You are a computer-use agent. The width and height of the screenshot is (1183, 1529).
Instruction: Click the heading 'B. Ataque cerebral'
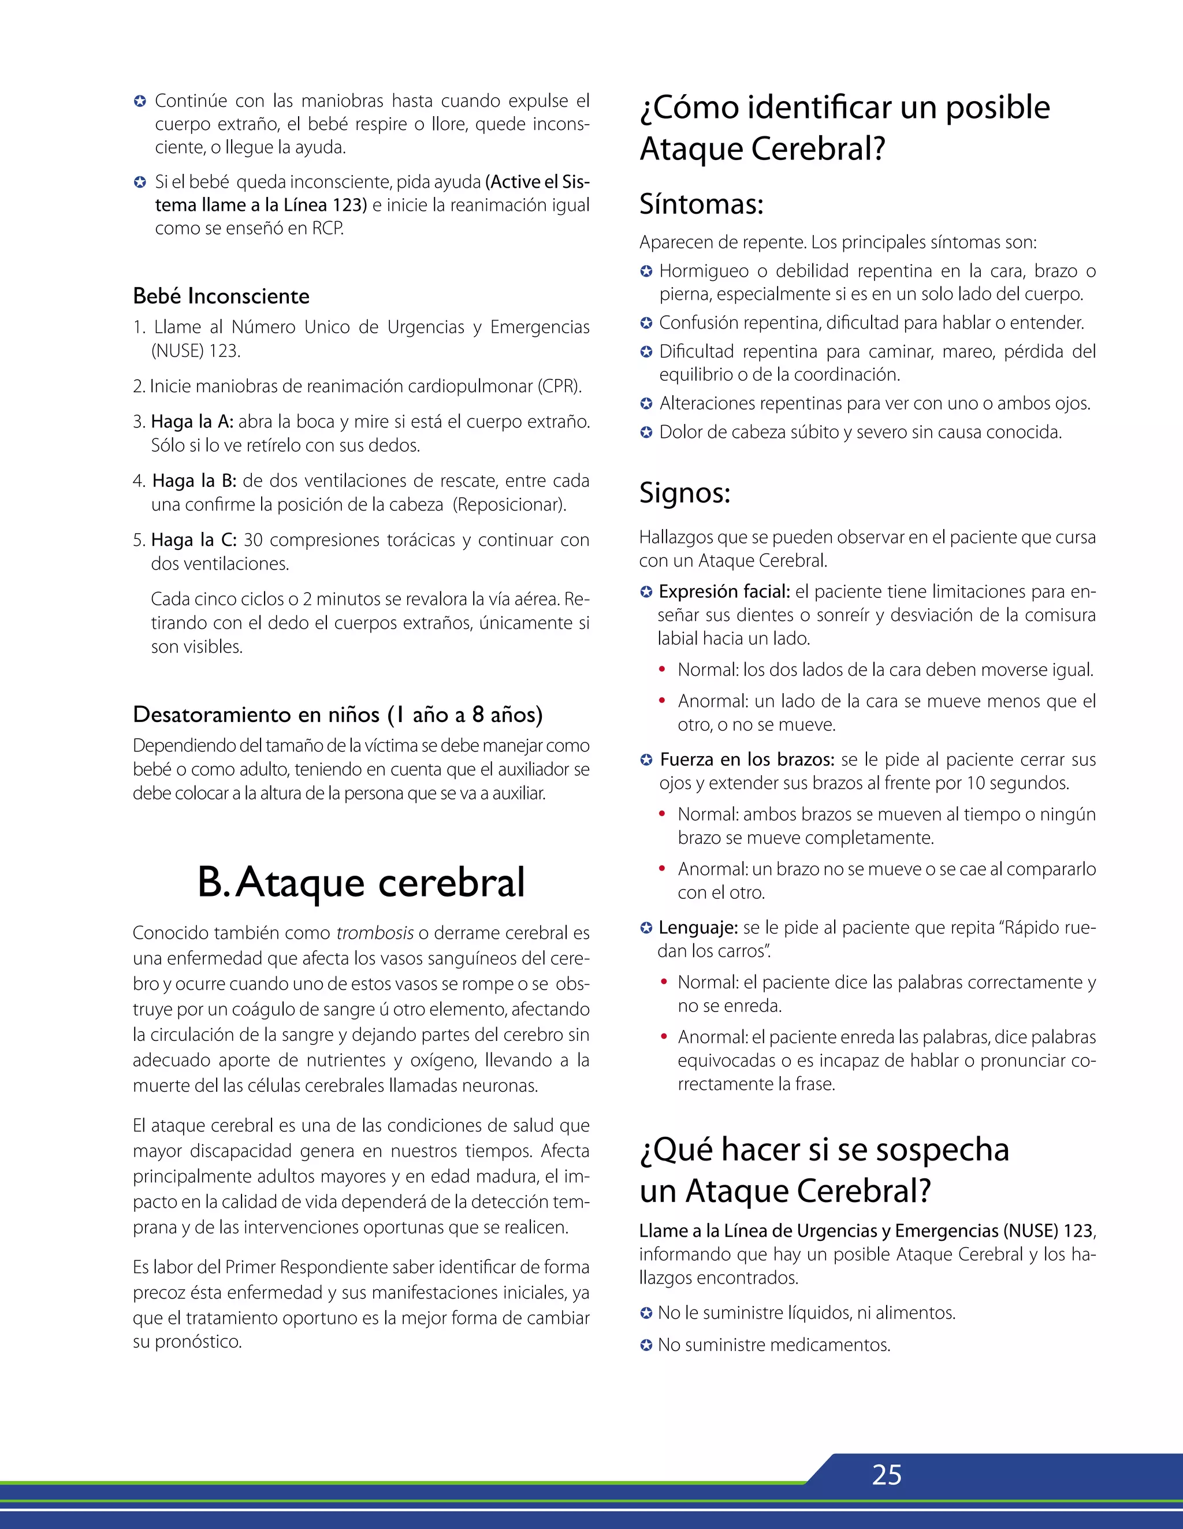[360, 882]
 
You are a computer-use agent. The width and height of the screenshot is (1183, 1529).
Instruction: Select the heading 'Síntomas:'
[701, 204]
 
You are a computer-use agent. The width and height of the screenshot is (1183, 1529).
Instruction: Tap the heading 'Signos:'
[684, 493]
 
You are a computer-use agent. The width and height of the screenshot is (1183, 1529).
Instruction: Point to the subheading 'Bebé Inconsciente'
[221, 296]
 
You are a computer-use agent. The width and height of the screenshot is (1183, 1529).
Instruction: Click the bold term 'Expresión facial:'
[724, 591]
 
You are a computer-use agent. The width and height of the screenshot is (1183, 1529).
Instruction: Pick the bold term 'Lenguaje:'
[698, 928]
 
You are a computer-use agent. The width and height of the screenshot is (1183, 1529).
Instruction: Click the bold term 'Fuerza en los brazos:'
[747, 760]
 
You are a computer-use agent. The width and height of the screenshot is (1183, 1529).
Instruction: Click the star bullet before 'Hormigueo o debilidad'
[646, 271]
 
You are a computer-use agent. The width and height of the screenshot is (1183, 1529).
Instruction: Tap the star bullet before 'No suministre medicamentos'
[646, 1345]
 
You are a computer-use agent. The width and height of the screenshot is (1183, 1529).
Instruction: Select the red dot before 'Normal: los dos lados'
[661, 670]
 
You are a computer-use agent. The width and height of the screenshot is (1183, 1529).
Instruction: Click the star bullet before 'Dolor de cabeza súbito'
[646, 433]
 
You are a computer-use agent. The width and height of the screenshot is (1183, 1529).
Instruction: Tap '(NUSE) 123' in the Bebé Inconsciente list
[195, 351]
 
